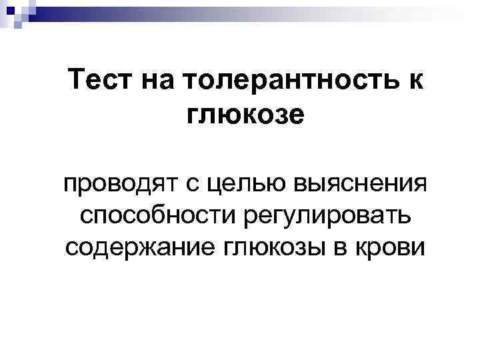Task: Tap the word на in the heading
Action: (157, 85)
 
